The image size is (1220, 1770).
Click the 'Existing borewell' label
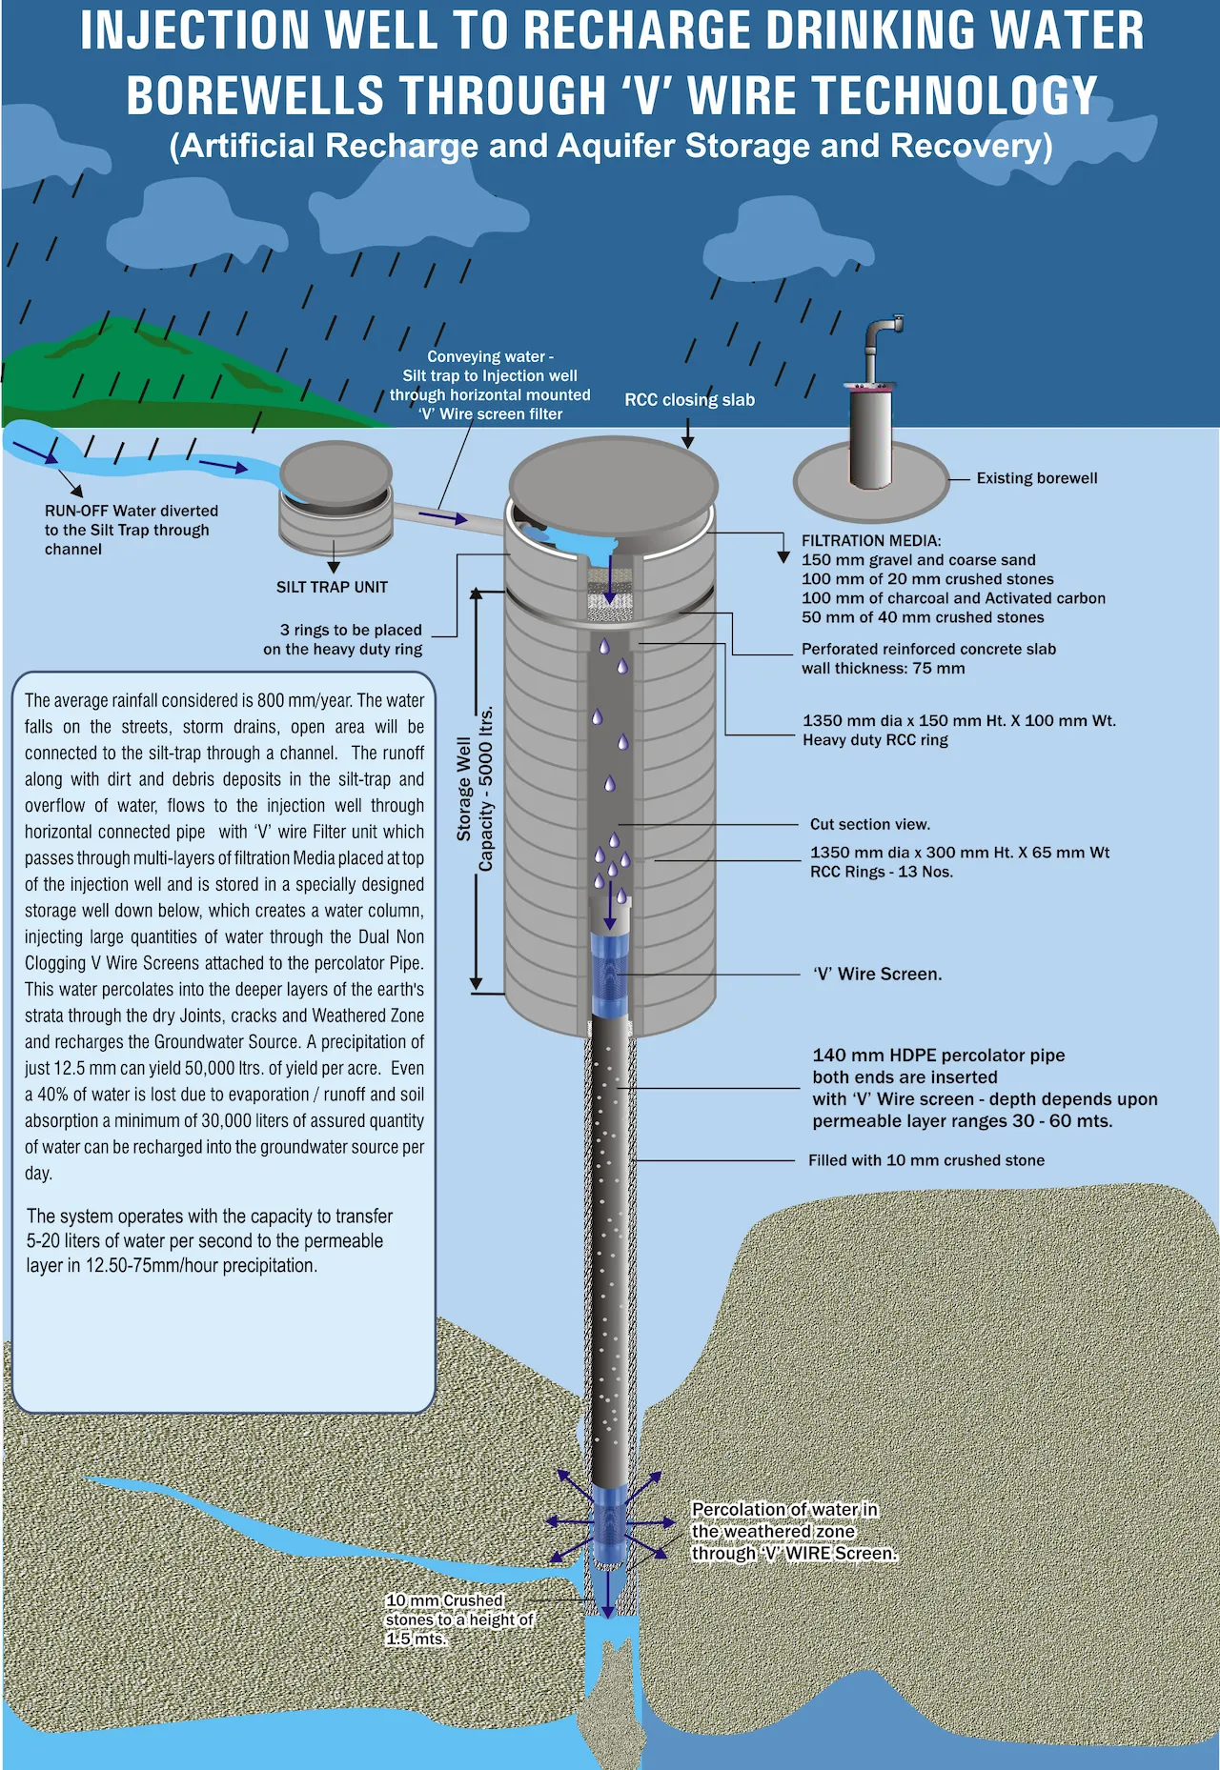[x=1037, y=478]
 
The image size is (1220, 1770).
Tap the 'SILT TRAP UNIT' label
[x=332, y=587]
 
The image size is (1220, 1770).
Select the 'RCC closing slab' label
[x=689, y=400]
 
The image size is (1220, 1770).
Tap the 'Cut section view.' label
[x=870, y=824]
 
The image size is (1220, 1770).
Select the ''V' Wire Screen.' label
[x=878, y=974]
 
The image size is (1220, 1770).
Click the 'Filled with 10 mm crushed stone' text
[x=926, y=1160]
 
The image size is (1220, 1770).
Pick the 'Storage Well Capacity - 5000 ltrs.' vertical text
[x=475, y=789]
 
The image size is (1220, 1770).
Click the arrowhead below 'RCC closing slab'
[x=687, y=442]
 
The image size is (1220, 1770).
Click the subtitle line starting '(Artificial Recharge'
[x=611, y=146]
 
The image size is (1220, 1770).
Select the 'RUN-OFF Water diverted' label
[x=132, y=512]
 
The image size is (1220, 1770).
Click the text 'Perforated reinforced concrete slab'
[x=928, y=649]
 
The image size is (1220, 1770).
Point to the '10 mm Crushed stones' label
[x=459, y=1619]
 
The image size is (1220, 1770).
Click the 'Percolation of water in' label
[x=784, y=1510]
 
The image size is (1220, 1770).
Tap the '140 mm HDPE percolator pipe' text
[x=939, y=1056]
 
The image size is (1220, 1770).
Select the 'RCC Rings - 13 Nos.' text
[x=882, y=872]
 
